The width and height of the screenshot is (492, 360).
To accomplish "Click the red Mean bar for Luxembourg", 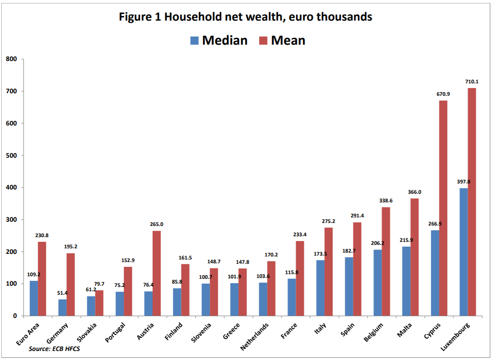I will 472,202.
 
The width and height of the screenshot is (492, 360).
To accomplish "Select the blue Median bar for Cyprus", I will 435,273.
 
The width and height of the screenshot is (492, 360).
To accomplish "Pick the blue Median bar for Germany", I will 62,308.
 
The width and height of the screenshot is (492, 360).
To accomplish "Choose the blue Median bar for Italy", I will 320,288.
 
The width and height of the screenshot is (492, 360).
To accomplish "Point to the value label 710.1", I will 472,82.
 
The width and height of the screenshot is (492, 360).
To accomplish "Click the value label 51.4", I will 63,293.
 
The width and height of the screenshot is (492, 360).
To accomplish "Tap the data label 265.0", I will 156,224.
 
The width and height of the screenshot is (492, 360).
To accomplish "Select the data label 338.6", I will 385,201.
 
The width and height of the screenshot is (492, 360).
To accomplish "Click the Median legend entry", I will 219,40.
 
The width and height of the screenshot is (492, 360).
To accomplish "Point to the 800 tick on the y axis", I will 11,59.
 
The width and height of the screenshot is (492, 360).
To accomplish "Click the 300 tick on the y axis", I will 11,220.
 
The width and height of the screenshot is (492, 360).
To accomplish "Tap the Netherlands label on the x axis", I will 255,337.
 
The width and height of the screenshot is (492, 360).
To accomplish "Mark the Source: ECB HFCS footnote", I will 54,349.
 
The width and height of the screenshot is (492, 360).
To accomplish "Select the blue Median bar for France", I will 291,297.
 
